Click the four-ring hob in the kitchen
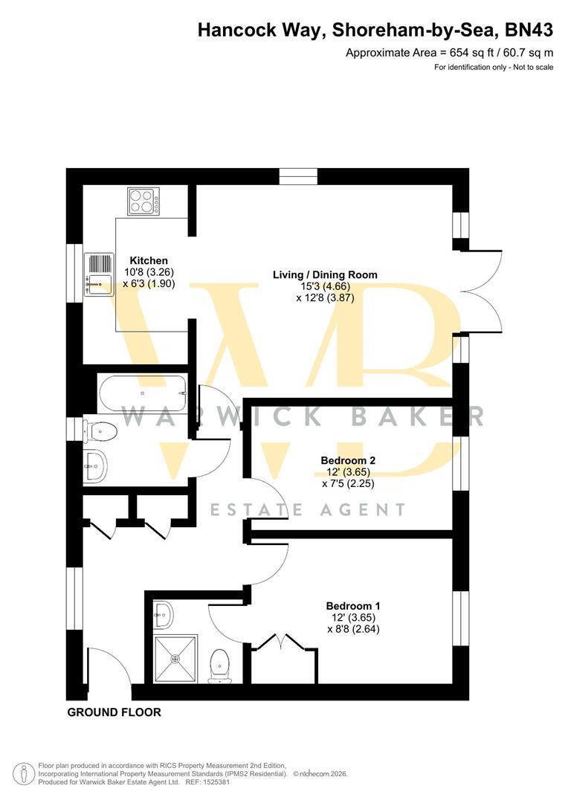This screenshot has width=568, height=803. coord(143,201)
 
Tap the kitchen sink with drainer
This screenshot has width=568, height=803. coord(99,274)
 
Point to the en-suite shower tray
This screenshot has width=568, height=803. coord(175,659)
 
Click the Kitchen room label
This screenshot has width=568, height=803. coord(149,260)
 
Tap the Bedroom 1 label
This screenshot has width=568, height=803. coord(353,606)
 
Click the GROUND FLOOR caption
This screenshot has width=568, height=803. coord(114,712)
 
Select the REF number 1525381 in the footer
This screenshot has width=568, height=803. coord(218,782)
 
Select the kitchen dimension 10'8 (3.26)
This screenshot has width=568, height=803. coord(149,272)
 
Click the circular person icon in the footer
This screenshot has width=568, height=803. coord(21,774)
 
